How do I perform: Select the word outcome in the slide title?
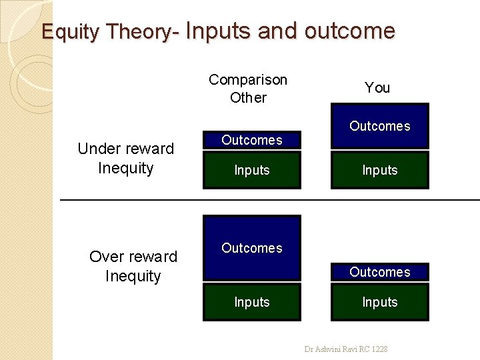350,31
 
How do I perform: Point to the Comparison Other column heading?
248,89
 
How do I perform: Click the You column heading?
377,88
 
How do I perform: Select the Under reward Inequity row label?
125,158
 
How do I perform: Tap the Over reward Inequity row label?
133,266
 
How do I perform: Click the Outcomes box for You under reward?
379,126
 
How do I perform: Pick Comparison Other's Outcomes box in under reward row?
251,140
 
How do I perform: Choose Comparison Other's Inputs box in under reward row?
251,170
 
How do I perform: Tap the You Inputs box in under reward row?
379,170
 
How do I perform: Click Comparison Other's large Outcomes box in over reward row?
251,248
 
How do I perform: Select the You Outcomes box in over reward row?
379,272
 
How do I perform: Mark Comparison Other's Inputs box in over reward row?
251,302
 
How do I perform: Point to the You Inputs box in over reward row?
379,302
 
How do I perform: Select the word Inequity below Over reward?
133,276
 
